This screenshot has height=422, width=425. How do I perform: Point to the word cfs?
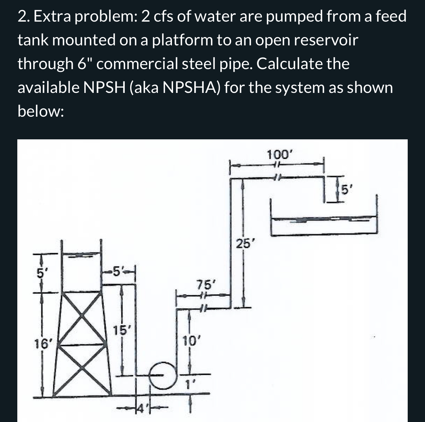[165, 17]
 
